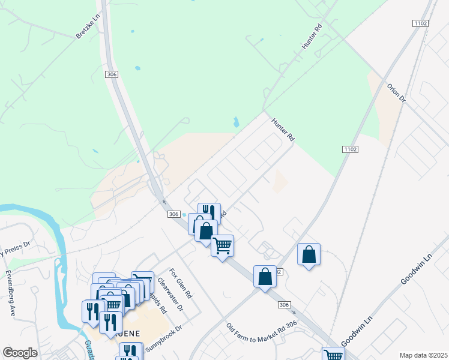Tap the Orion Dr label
tap(396, 92)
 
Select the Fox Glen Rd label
tap(180, 283)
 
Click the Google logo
tap(20, 353)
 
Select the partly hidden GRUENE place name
tap(131, 333)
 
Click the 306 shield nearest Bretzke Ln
tap(111, 74)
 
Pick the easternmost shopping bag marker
tap(309, 254)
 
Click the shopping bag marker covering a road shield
tap(265, 277)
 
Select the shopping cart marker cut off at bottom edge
tap(333, 354)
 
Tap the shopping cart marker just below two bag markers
tap(222, 245)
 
